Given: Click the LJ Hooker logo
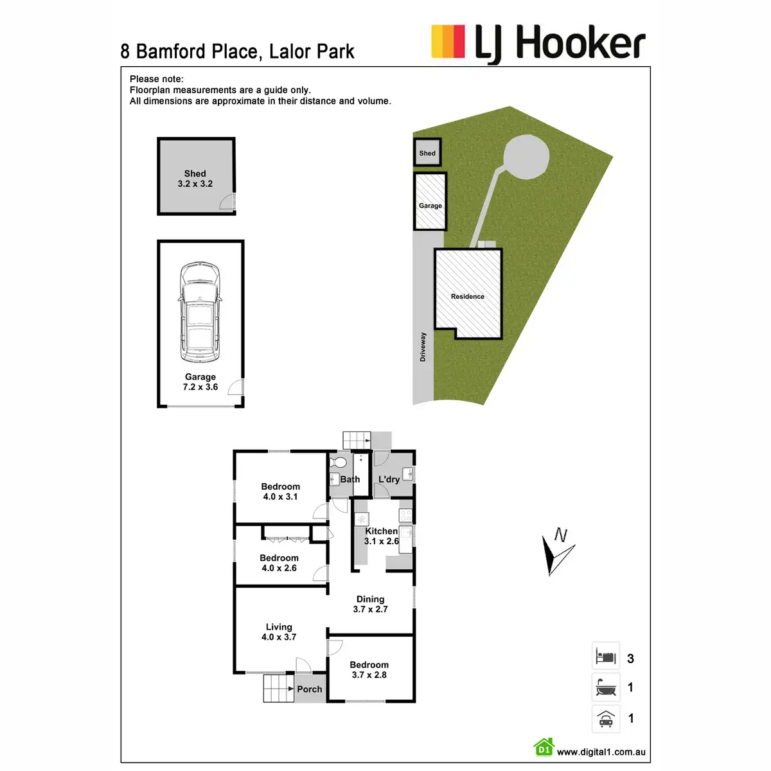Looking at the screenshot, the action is [538, 43].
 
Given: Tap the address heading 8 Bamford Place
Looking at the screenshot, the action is [237, 51].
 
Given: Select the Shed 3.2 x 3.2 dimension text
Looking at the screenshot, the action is [195, 179].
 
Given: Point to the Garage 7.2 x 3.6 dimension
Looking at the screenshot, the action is [200, 382].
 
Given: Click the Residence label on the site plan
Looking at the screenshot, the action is [468, 296].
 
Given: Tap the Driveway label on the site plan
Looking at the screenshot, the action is [423, 347].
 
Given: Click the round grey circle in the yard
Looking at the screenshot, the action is [527, 157].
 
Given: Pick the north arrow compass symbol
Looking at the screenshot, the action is [556, 551].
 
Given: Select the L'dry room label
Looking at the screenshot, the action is [389, 479].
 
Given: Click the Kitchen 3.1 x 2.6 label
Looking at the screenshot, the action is [382, 536].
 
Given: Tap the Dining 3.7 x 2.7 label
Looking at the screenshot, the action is [371, 604].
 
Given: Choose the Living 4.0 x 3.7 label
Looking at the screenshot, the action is [279, 632].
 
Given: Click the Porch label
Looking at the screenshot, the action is [310, 689].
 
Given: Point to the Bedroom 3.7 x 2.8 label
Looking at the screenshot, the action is [369, 669].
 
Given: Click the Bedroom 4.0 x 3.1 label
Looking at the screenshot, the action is [281, 492].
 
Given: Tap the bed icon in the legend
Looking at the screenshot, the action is [606, 657].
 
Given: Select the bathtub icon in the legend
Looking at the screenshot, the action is [606, 687].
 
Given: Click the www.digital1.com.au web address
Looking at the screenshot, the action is [601, 752].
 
